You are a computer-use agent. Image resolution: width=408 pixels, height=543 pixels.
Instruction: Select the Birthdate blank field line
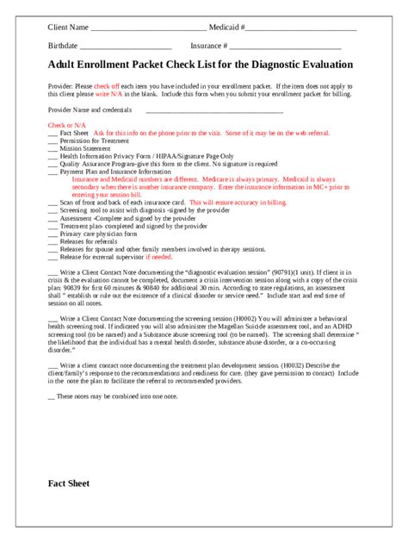[126, 47]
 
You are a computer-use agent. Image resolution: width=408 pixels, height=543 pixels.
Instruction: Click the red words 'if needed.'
[159, 256]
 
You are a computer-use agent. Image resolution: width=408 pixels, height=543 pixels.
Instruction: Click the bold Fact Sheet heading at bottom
[69, 484]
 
